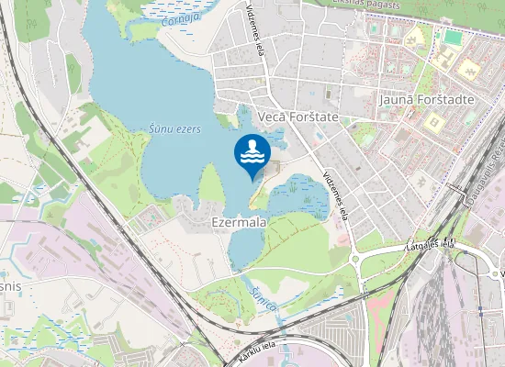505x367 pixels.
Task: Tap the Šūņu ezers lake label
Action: tap(174, 130)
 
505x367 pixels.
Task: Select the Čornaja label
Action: tap(179, 18)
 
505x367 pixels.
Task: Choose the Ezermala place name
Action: tap(239, 222)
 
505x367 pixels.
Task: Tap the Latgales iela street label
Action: tap(431, 245)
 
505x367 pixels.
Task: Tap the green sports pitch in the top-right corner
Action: tap(453, 39)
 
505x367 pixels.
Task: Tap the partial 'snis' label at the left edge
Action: tap(11, 286)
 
